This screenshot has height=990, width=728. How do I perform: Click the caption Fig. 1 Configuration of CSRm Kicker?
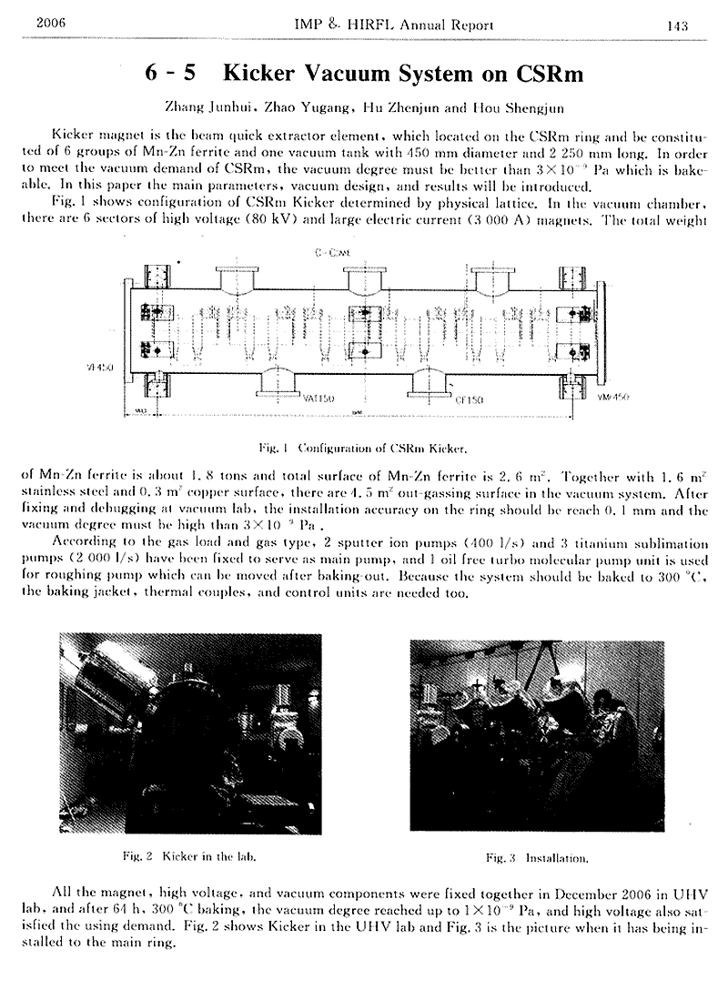363,449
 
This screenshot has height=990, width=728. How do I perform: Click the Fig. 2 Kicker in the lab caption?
194,856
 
